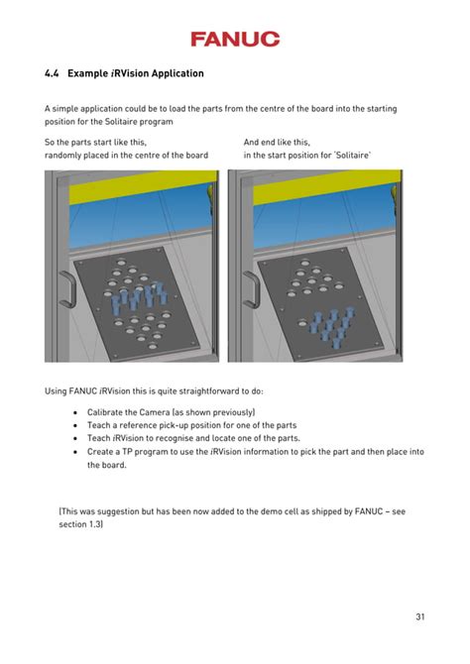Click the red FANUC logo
(235, 39)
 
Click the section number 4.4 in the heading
(53, 74)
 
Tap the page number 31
(420, 617)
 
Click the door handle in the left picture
(66, 287)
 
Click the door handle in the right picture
(250, 287)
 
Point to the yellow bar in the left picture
(131, 186)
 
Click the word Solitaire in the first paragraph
(109, 122)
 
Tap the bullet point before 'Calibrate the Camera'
(76, 411)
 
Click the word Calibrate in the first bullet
(107, 411)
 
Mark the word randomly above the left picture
(65, 156)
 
